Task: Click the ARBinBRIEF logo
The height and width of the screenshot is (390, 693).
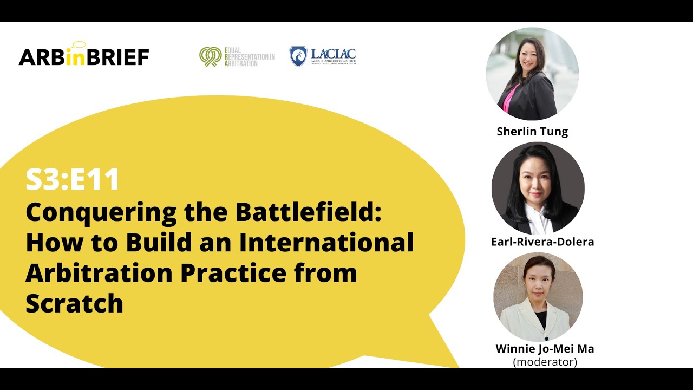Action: [x=84, y=56]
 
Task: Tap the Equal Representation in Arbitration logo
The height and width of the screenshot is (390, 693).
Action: [x=237, y=56]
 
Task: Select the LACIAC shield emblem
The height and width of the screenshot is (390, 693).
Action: [x=298, y=56]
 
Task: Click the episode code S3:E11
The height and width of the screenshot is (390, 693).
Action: [x=73, y=180]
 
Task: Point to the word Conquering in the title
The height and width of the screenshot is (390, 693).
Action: [x=101, y=212]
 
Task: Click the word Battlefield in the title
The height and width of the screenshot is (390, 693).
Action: [x=308, y=212]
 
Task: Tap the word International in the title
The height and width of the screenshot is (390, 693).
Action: [x=326, y=242]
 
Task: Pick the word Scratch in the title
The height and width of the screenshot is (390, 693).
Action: [x=75, y=303]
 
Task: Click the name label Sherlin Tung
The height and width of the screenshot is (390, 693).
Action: [x=532, y=131]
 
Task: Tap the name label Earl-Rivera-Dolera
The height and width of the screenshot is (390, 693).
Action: [x=542, y=242]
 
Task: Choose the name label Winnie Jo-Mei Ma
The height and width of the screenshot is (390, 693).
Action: [x=545, y=349]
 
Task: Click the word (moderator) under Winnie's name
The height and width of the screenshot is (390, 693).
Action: [x=545, y=362]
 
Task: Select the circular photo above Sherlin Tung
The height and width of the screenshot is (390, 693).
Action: [x=532, y=74]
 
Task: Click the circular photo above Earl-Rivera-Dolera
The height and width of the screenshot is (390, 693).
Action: [x=538, y=188]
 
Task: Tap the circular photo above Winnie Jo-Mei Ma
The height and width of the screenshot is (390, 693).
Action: [x=538, y=297]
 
